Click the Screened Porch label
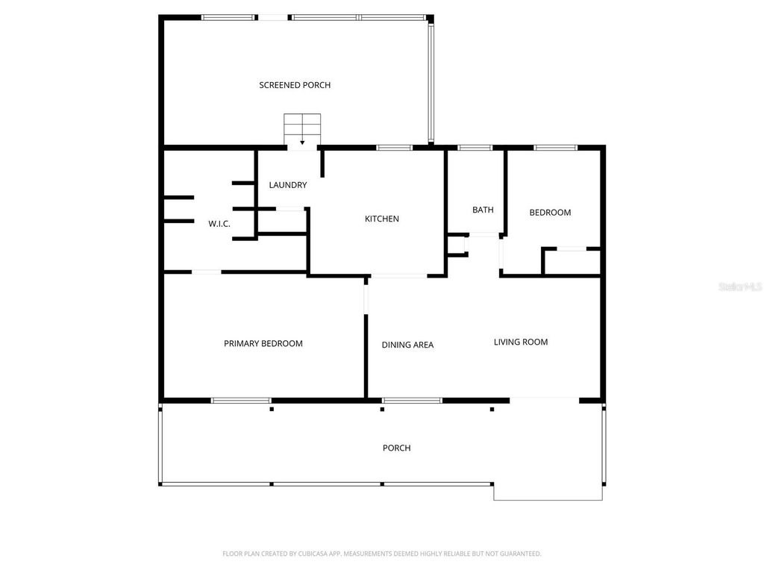click(295, 85)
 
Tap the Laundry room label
click(287, 185)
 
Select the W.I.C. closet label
click(219, 224)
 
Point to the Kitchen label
click(381, 219)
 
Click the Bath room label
click(483, 210)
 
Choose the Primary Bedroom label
click(263, 344)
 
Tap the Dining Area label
click(407, 345)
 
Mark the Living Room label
click(521, 342)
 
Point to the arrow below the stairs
click(302, 143)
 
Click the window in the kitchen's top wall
click(395, 148)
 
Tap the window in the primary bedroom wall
click(241, 401)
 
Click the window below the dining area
click(412, 401)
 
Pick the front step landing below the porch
click(548, 492)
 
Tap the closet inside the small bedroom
click(572, 262)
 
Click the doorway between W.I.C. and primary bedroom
click(207, 272)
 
